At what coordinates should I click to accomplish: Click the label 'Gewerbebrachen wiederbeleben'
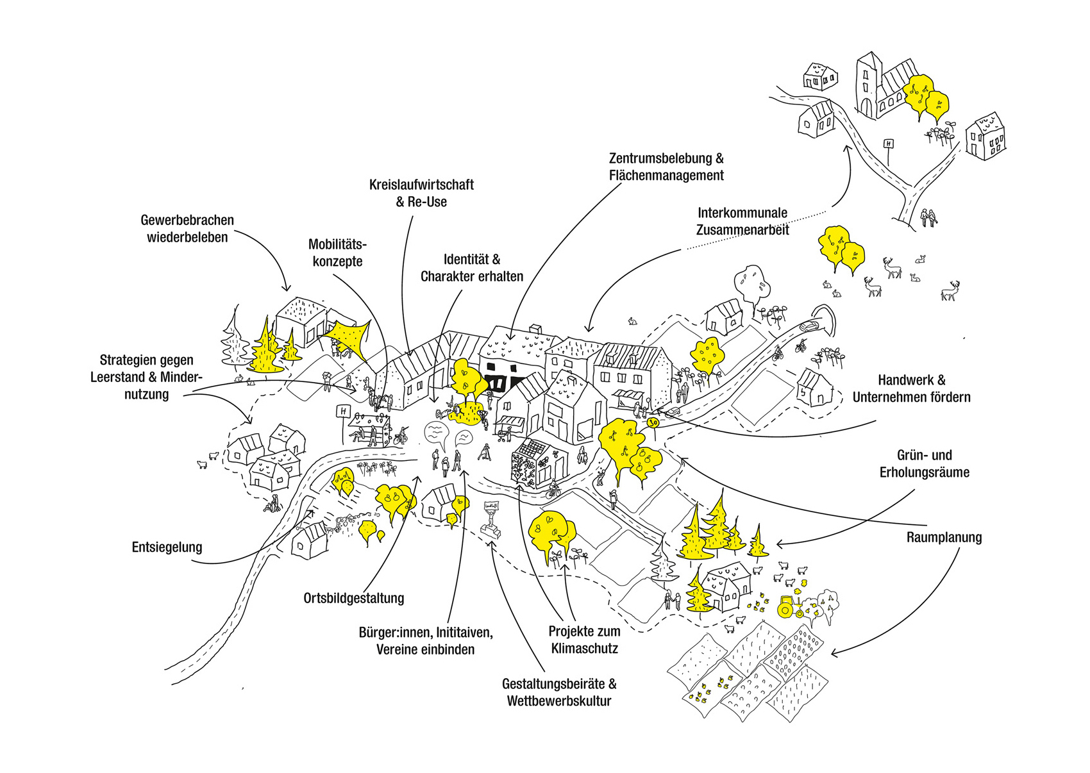point(187,229)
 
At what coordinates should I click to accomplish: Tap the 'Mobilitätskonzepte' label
point(337,253)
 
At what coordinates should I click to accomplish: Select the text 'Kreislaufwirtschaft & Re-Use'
point(421,193)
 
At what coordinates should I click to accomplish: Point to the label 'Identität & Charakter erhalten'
point(471,268)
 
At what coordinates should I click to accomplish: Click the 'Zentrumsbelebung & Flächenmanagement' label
point(666,167)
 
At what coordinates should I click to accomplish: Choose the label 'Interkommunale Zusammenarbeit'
point(742,221)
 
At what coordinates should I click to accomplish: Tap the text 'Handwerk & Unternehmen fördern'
point(911,388)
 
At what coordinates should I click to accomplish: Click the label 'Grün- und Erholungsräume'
point(924,464)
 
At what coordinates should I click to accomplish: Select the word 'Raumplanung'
point(944,537)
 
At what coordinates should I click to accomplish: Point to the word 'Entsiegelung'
point(167,547)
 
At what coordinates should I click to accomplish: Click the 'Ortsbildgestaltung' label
point(353,598)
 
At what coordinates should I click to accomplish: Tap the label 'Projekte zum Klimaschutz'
point(584,640)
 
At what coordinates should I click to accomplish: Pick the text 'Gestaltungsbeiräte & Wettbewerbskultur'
point(559,692)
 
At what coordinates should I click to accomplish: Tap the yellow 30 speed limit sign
point(653,423)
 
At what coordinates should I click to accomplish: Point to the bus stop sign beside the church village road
point(889,145)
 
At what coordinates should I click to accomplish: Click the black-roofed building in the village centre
point(507,375)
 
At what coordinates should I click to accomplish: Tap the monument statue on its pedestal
point(491,519)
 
